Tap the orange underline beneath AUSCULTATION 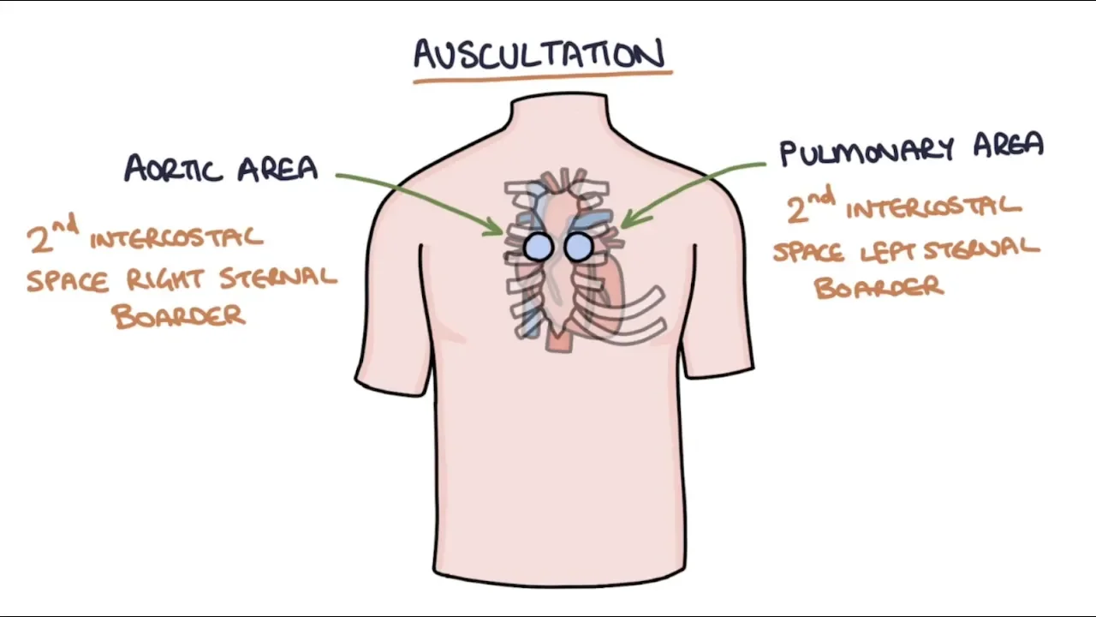[x=542, y=78]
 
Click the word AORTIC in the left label [x=176, y=168]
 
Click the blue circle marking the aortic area [x=539, y=247]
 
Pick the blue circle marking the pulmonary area [x=579, y=247]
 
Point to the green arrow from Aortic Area [x=411, y=195]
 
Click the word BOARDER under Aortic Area [x=179, y=316]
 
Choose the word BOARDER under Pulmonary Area [x=879, y=287]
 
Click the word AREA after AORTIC [x=277, y=168]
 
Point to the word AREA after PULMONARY [x=1008, y=147]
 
